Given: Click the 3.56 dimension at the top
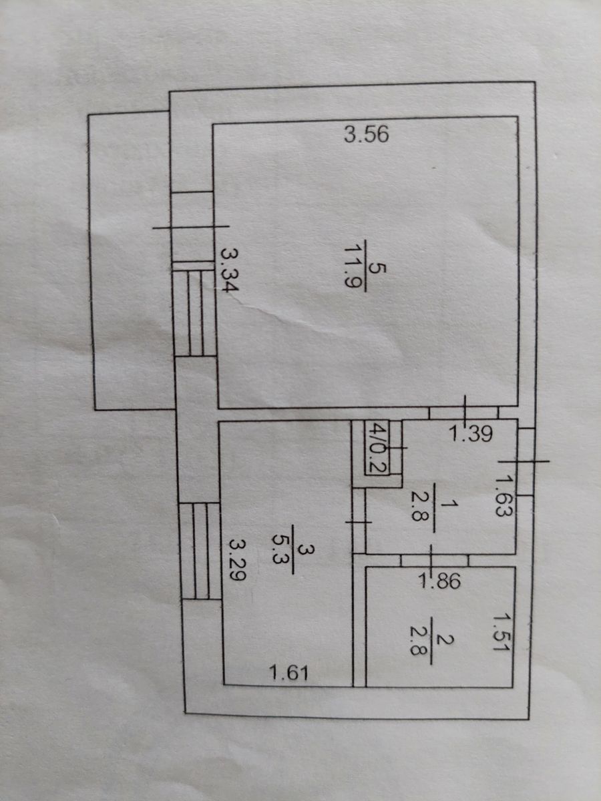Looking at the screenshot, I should pyautogui.click(x=366, y=136).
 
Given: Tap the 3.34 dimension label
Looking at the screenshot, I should pyautogui.click(x=230, y=274).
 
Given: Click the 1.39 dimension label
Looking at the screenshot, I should pyautogui.click(x=470, y=435).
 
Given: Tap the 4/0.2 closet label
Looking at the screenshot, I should pyautogui.click(x=379, y=448).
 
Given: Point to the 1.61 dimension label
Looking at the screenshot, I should pyautogui.click(x=288, y=674).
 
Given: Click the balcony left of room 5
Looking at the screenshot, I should pyautogui.click(x=130, y=260).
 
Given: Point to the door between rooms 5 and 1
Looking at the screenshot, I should pyautogui.click(x=465, y=413).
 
